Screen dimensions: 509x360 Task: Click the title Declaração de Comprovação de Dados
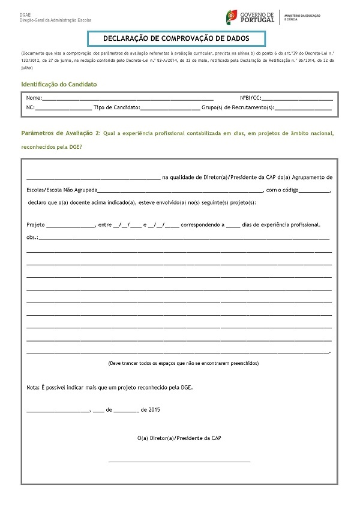pos(176,38)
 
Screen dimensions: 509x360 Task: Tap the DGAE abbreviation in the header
pos(26,14)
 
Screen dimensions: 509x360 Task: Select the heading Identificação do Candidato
pos(59,85)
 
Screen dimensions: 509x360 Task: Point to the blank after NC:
pos(64,109)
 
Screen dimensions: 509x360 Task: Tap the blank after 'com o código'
pos(313,190)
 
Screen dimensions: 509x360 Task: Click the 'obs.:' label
pos(32,238)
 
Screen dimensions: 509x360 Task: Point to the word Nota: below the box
pos(33,387)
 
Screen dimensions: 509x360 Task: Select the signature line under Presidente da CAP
pos(179,461)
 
